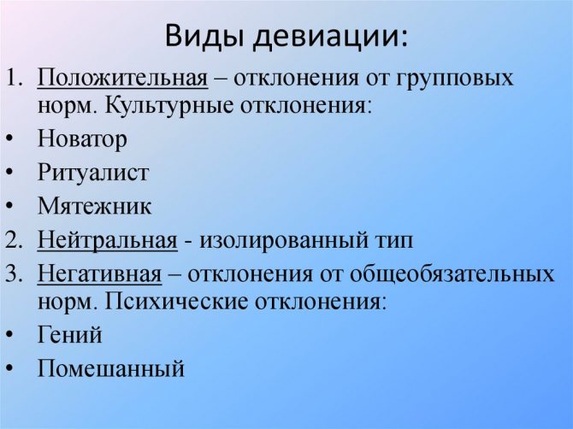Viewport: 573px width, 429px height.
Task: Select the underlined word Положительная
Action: tap(123, 79)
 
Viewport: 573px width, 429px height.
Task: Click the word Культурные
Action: tap(169, 106)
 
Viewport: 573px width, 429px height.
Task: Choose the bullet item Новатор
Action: tap(82, 139)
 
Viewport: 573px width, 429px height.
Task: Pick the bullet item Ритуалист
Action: tap(93, 172)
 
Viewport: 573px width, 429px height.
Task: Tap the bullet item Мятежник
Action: tap(94, 206)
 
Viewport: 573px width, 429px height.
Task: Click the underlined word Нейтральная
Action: tap(108, 241)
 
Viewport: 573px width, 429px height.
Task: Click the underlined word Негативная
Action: tap(99, 273)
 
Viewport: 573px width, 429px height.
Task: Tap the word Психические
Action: tap(176, 303)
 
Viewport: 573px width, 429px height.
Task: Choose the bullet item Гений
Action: tap(70, 334)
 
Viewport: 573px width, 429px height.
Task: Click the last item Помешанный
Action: tap(111, 368)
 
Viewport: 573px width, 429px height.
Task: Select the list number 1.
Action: tap(15, 78)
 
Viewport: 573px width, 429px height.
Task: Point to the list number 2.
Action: tap(14, 240)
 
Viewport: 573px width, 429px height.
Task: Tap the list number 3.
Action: tap(14, 273)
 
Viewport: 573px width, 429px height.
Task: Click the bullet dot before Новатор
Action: tap(10, 139)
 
